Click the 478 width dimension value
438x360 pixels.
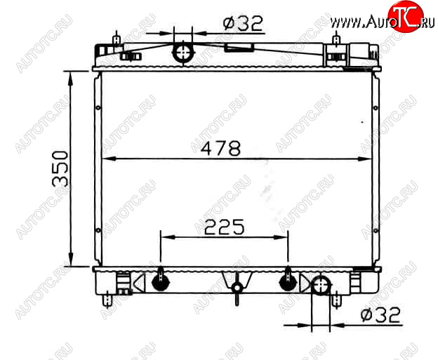click(220, 148)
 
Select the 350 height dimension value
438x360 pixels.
click(60, 168)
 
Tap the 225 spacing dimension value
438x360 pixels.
click(225, 227)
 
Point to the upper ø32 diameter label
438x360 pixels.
click(243, 23)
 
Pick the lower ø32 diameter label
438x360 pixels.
click(380, 315)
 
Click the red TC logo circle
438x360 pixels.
click(406, 16)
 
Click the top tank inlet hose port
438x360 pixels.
click(183, 53)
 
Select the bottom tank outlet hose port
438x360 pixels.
click(321, 285)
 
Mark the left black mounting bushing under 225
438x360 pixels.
click(161, 281)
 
